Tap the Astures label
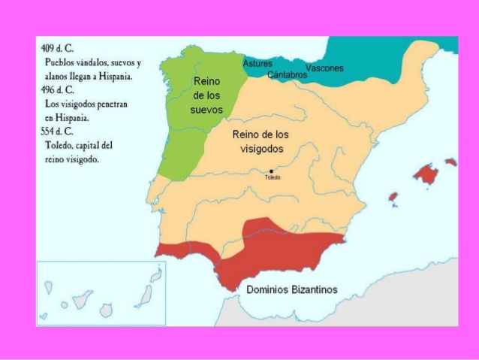[x=258, y=64]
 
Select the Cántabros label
[x=287, y=75]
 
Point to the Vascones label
[x=324, y=68]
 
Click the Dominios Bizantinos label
[x=292, y=289]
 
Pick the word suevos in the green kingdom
[x=207, y=110]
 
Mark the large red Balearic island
[x=426, y=175]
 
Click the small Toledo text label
[x=272, y=178]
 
